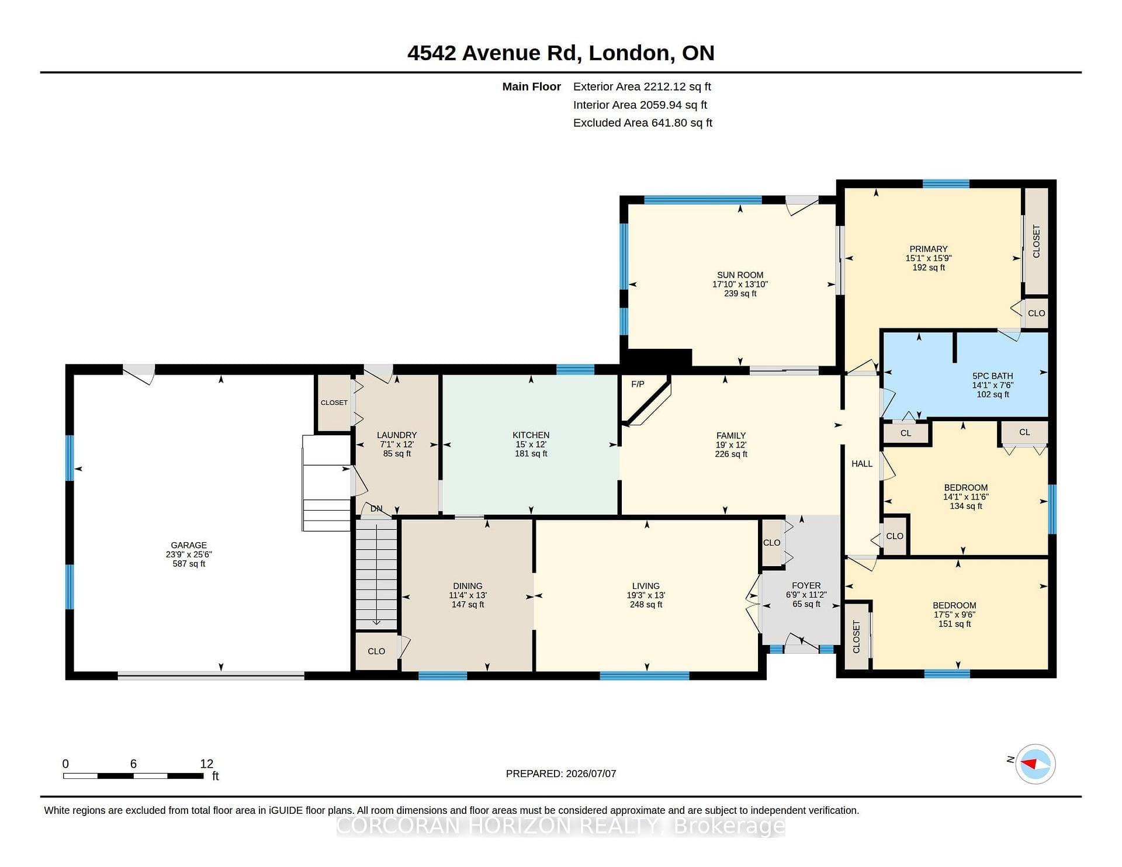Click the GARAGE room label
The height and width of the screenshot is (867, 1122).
[189, 545]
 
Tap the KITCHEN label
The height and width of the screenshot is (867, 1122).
[531, 435]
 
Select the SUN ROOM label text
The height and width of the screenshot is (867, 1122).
[740, 275]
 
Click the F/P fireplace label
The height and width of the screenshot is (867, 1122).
[638, 384]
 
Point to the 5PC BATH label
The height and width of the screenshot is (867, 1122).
[992, 376]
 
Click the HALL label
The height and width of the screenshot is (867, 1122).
[862, 463]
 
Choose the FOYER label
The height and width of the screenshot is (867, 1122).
[806, 585]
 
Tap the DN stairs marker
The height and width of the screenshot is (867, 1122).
[376, 508]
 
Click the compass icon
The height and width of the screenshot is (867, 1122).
[1036, 764]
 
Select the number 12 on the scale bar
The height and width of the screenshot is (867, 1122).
[206, 764]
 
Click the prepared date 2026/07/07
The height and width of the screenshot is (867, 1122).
[591, 774]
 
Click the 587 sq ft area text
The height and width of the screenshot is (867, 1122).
[189, 564]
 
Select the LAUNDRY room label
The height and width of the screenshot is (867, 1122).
[397, 435]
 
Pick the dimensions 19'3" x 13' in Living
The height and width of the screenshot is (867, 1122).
[646, 595]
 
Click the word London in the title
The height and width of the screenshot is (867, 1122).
[629, 53]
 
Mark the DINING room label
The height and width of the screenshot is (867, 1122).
[467, 585]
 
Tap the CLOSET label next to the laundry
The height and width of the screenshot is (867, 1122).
[334, 403]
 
